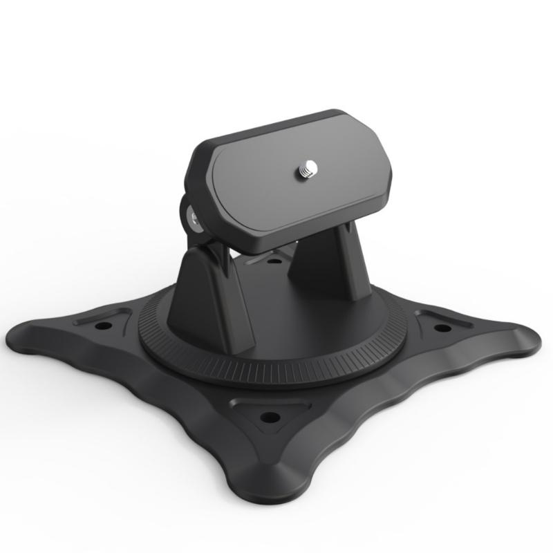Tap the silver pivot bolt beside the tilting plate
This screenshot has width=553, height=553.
coord(193,221)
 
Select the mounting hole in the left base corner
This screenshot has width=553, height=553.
coord(103,325)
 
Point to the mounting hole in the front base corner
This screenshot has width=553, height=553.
coord(269,417)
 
